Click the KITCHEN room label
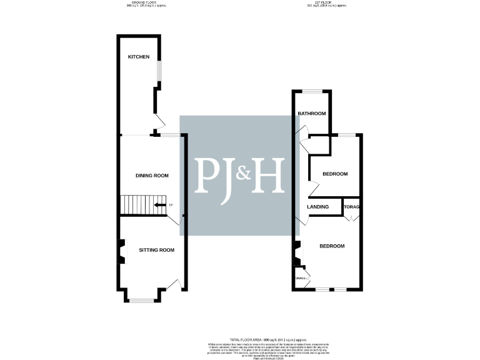[x=139, y=57]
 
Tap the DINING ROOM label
[x=152, y=176]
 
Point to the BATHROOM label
[x=312, y=113]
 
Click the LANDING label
[x=318, y=207]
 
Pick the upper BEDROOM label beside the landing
[x=334, y=174]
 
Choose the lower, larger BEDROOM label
[x=332, y=246]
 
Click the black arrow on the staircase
[x=160, y=204]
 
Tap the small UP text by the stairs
[x=170, y=205]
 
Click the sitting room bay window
[x=141, y=301]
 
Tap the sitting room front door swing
[x=179, y=285]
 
